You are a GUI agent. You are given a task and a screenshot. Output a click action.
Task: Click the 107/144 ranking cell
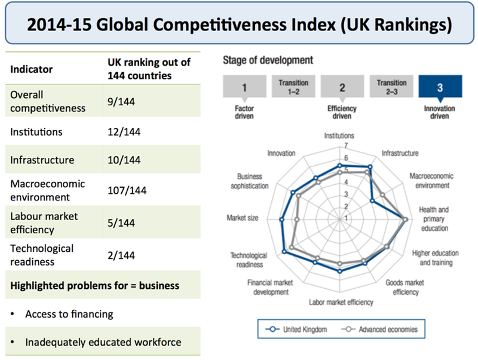pyautogui.click(x=127, y=191)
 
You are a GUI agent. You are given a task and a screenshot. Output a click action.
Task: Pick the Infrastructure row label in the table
pyautogui.click(x=42, y=160)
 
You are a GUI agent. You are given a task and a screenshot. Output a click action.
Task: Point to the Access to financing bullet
pyautogui.click(x=69, y=314)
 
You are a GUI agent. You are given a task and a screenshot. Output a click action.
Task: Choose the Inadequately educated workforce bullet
pyautogui.click(x=103, y=343)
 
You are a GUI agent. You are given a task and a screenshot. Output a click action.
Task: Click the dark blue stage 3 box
pyautogui.click(x=440, y=87)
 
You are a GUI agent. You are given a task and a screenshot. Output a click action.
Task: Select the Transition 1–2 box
pyautogui.click(x=293, y=87)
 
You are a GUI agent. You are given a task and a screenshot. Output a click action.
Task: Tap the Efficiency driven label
pyautogui.click(x=342, y=112)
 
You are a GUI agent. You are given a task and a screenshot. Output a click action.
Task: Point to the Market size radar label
pyautogui.click(x=243, y=218)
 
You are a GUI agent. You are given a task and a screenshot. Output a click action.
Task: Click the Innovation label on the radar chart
pyautogui.click(x=281, y=153)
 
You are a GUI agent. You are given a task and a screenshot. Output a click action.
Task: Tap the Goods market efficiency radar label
pyautogui.click(x=406, y=287)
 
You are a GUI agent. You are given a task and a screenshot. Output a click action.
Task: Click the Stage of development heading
pyautogui.click(x=268, y=60)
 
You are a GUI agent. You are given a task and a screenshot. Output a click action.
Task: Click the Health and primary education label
pyautogui.click(x=434, y=219)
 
